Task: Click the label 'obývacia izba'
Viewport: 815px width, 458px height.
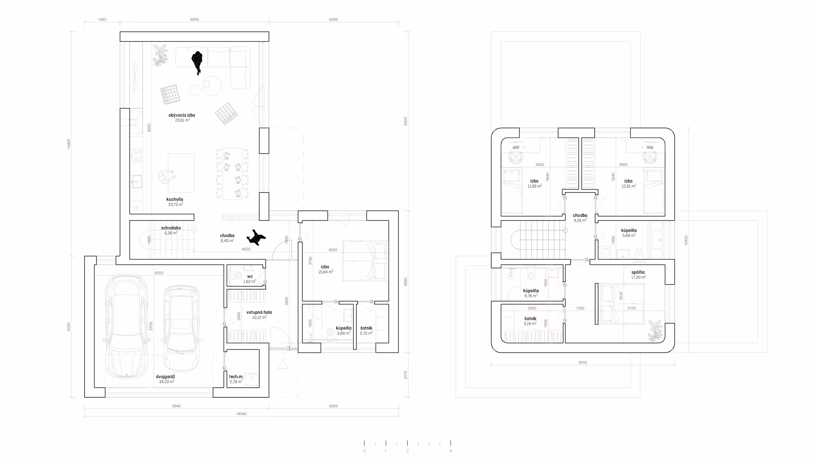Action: pos(182,115)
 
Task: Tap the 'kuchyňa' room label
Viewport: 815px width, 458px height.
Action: pos(175,199)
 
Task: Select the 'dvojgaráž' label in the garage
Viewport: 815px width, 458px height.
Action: pos(166,377)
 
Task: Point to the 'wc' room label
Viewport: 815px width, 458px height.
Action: pos(250,276)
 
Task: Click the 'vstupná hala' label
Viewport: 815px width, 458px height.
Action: pos(259,313)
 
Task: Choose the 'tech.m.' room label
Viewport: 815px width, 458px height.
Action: pos(236,377)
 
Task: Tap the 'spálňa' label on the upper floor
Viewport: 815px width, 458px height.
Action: pos(638,273)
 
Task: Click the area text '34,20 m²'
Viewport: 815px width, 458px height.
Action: pos(166,382)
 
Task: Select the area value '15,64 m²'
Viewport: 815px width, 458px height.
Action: pos(326,272)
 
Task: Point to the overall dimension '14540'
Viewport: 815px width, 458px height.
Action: pos(241,414)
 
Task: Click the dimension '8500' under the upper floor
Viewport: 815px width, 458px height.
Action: pos(583,363)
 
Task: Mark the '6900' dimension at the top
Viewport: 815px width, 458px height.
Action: pos(194,20)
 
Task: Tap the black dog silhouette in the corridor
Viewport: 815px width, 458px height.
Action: pos(256,238)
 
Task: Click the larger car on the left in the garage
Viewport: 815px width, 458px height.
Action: pos(125,327)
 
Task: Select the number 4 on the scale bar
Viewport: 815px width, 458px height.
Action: pos(451,451)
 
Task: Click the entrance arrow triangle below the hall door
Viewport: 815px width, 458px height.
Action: pos(282,364)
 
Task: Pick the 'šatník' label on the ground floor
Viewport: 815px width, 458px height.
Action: pos(366,328)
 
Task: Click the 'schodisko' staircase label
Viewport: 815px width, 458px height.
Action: pos(171,228)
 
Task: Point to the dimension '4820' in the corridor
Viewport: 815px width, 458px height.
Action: pos(246,249)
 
